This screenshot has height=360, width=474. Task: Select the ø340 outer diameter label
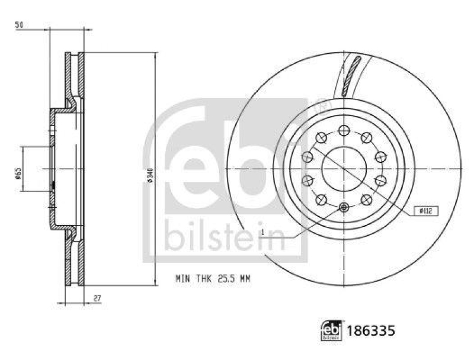click(150, 176)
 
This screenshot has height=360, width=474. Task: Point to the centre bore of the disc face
click(344, 169)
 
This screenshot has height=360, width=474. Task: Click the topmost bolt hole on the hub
click(344, 131)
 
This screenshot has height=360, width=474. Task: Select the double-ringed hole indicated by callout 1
click(344, 207)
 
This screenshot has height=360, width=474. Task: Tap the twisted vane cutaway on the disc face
click(351, 76)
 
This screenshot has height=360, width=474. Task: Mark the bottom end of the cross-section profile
click(75, 284)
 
